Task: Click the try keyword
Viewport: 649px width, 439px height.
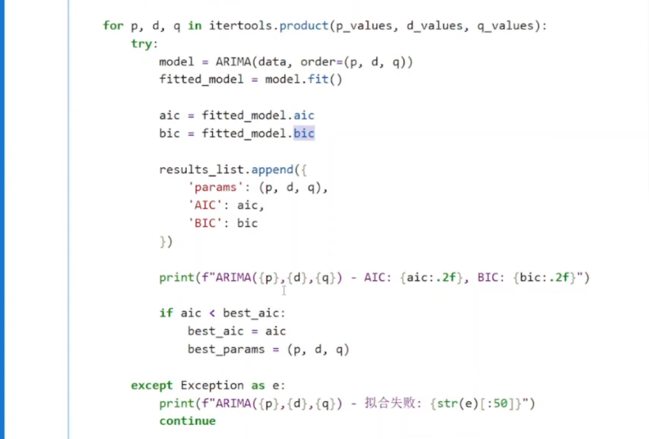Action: tap(142, 43)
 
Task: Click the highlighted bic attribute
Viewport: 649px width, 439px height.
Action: tap(304, 133)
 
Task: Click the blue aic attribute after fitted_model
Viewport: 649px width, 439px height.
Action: tap(304, 115)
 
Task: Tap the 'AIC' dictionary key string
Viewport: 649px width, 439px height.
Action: tap(205, 205)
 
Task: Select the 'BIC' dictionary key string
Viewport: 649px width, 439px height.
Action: tap(205, 223)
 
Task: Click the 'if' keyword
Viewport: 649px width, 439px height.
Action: tap(166, 313)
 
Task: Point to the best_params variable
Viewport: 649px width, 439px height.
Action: tap(226, 349)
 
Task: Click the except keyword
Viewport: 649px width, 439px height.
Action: tap(152, 385)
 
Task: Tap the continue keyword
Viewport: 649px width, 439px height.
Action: tap(188, 421)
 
